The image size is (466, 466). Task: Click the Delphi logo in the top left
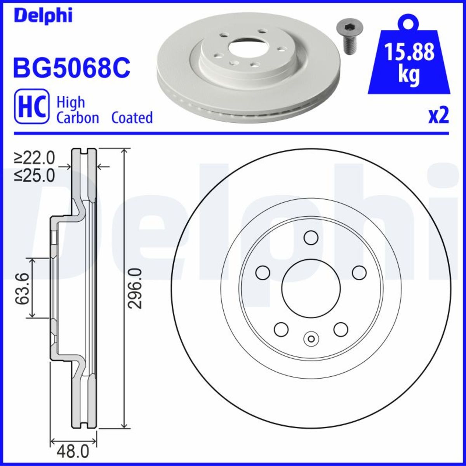pyautogui.click(x=43, y=16)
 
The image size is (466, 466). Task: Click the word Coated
pyautogui.click(x=132, y=117)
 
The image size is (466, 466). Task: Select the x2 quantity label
pyautogui.click(x=438, y=116)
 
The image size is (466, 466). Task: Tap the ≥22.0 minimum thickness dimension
pyautogui.click(x=35, y=158)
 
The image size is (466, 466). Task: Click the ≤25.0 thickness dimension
pyautogui.click(x=35, y=176)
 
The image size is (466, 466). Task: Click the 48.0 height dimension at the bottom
pyautogui.click(x=73, y=452)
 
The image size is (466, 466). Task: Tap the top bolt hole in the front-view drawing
pyautogui.click(x=311, y=237)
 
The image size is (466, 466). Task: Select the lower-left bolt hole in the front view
pyautogui.click(x=281, y=329)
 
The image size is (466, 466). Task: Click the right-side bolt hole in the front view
pyautogui.click(x=359, y=273)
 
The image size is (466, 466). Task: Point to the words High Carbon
pyautogui.click(x=78, y=110)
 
